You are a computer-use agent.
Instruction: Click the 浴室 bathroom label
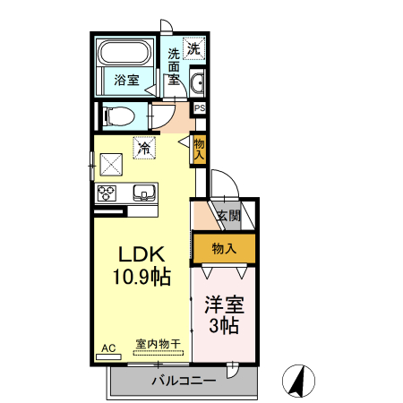point(126,81)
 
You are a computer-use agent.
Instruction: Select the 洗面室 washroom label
point(174,65)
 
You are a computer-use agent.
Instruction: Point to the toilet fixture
point(117,116)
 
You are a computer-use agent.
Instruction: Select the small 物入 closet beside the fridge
point(199,149)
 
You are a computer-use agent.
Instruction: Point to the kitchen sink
point(143,192)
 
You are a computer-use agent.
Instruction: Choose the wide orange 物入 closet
point(224,248)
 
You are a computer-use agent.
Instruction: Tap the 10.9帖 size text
point(141,277)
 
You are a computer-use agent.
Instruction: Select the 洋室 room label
point(222,303)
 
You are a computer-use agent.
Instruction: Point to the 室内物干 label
point(159,344)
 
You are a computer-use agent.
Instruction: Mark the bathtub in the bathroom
point(126,52)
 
